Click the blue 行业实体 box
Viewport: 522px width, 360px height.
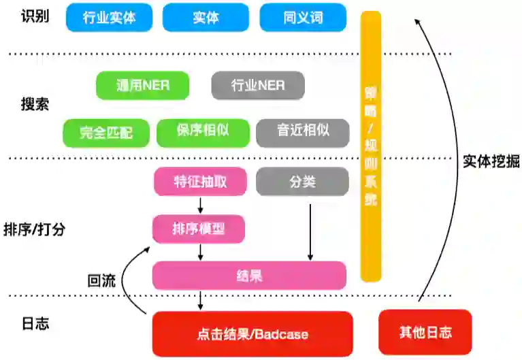110,18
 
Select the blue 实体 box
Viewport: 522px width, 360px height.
206,18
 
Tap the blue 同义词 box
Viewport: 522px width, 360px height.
303,18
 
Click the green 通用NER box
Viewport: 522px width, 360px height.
143,86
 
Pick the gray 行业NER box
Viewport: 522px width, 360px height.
258,86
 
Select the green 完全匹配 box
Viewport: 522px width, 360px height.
106,133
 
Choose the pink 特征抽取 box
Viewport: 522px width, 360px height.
200,182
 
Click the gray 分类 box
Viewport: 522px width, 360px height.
303,182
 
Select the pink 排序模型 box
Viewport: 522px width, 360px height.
199,229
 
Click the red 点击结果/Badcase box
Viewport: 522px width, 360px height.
252,333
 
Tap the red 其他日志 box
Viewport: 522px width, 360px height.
425,332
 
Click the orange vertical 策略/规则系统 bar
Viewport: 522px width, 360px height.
370,146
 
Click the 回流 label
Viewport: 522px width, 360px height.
102,280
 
